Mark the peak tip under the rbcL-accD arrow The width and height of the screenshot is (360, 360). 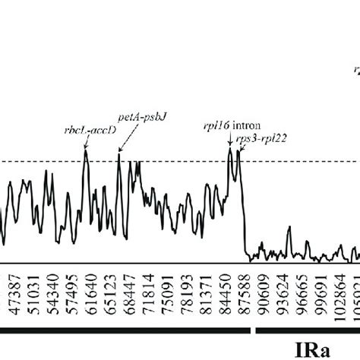pyautogui.click(x=85, y=150)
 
